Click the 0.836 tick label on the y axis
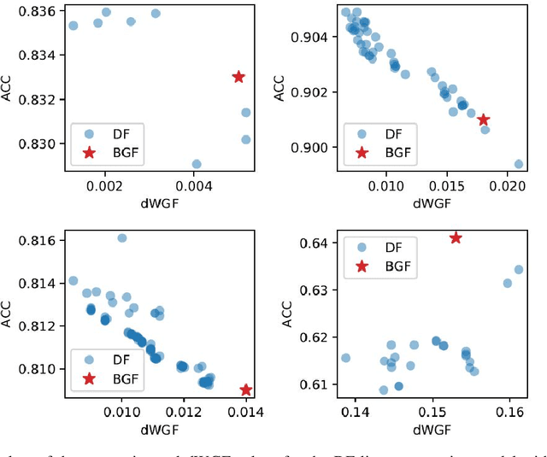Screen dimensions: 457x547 click(x=39, y=11)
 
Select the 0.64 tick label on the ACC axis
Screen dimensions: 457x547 click(x=316, y=243)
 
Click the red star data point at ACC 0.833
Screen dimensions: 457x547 click(x=238, y=77)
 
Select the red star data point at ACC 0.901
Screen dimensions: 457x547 click(x=484, y=120)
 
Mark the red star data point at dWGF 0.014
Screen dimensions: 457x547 click(x=246, y=390)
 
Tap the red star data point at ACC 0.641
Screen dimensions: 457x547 click(x=456, y=237)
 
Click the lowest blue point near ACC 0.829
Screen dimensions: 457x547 click(x=197, y=164)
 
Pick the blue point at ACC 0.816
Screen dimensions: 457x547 click(x=121, y=238)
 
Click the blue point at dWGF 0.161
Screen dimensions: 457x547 click(x=518, y=269)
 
